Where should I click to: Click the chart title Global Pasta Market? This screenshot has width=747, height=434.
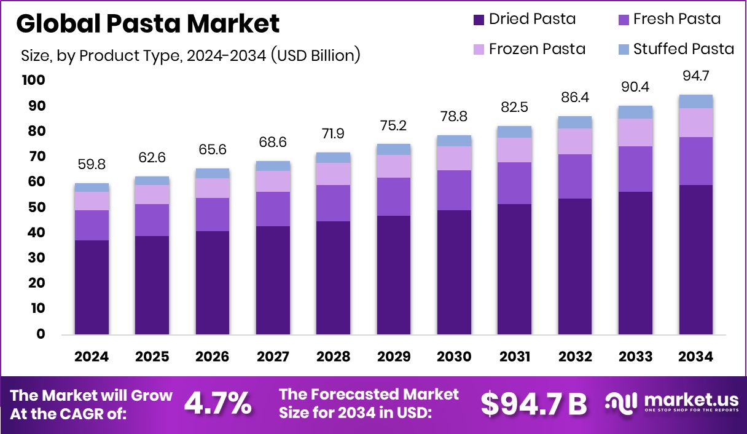pyautogui.click(x=147, y=23)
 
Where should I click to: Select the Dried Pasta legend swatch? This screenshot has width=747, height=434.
pyautogui.click(x=479, y=20)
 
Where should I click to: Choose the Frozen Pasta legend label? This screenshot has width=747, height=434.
pyautogui.click(x=536, y=49)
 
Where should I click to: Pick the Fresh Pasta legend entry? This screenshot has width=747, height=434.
pyautogui.click(x=676, y=19)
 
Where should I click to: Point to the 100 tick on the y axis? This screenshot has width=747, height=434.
pyautogui.click(x=33, y=80)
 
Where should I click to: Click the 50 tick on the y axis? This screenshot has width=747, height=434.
pyautogui.click(x=36, y=207)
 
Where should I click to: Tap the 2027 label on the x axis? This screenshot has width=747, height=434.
pyautogui.click(x=273, y=357)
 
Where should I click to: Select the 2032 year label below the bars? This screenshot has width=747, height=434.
pyautogui.click(x=575, y=357)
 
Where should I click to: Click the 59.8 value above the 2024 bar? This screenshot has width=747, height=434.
pyautogui.click(x=92, y=165)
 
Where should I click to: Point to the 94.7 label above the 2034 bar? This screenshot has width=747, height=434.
pyautogui.click(x=695, y=76)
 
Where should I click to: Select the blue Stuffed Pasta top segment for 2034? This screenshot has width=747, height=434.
pyautogui.click(x=695, y=101)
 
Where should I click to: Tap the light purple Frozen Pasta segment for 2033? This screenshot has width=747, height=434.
pyautogui.click(x=635, y=132)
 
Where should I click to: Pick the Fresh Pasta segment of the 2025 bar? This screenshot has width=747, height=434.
pyautogui.click(x=152, y=220)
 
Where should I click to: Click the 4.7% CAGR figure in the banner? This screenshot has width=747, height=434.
pyautogui.click(x=218, y=404)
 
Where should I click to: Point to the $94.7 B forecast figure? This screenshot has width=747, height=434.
pyautogui.click(x=533, y=404)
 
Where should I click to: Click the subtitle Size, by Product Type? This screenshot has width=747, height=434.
pyautogui.click(x=190, y=55)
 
